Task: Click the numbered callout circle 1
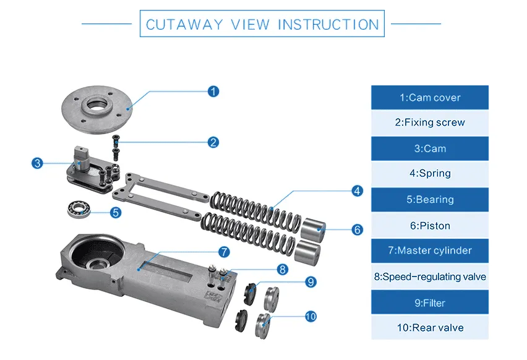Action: (x=213, y=92)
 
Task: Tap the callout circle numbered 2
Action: (x=213, y=142)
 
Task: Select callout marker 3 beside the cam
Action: (x=38, y=163)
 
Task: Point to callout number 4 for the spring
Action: (x=357, y=191)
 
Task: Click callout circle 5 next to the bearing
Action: (x=115, y=212)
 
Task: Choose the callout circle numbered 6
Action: (x=357, y=229)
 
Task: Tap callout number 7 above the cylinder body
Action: (x=223, y=252)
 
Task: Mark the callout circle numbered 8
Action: (x=282, y=269)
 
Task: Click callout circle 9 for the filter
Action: (x=311, y=282)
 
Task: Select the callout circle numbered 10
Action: (x=311, y=316)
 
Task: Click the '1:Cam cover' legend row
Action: (x=429, y=98)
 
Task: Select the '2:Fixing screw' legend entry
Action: (x=429, y=122)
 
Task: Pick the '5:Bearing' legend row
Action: (x=429, y=200)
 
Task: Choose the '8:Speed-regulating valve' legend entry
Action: (x=429, y=276)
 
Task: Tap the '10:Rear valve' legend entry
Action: (x=429, y=328)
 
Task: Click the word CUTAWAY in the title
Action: (x=185, y=25)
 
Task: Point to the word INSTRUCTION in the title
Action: (x=328, y=25)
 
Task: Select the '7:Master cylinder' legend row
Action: (x=429, y=251)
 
